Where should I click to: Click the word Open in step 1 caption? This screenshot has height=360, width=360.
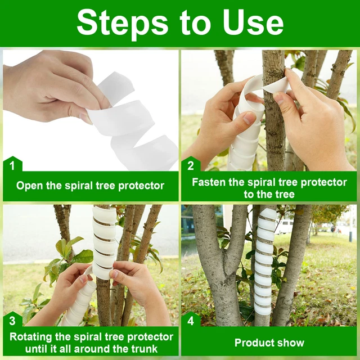click(x=29, y=186)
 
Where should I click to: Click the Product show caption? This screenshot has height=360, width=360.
click(x=269, y=343)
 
